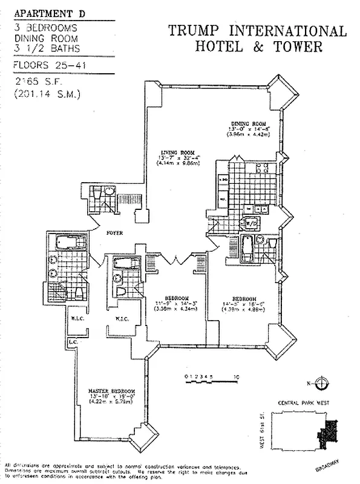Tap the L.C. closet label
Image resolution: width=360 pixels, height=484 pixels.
[73, 342]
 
